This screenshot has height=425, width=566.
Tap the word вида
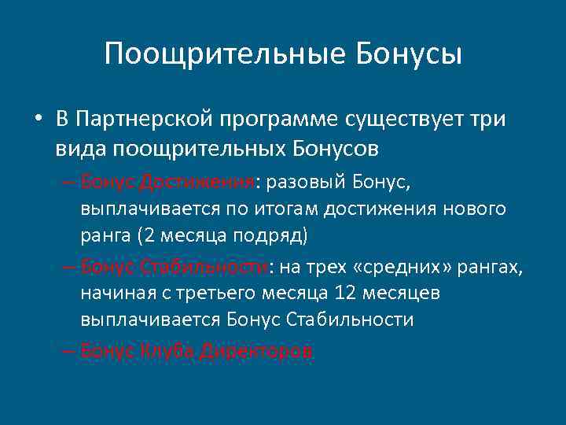click(x=82, y=147)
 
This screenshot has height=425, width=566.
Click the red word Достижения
click(x=196, y=183)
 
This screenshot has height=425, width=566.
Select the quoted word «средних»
click(x=401, y=268)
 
